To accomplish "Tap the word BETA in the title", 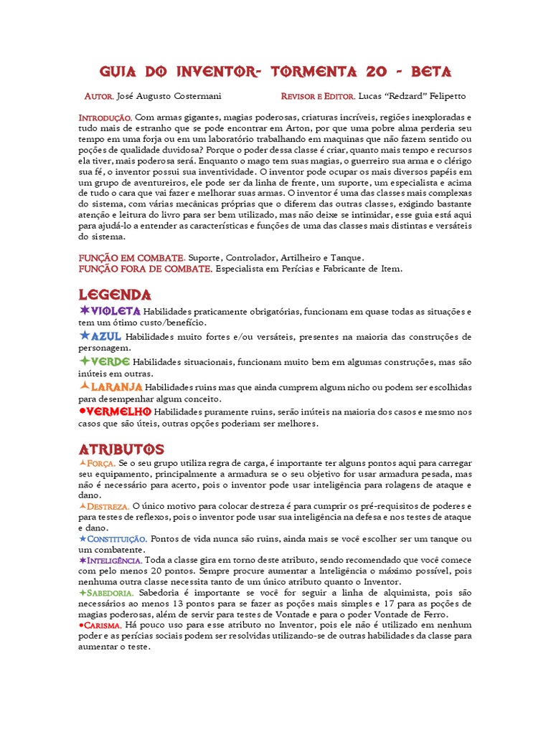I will click(x=429, y=72).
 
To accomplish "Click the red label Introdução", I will click(x=104, y=117).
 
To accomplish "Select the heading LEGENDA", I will click(x=114, y=295).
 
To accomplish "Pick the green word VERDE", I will click(x=110, y=361).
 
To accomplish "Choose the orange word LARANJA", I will click(x=117, y=386).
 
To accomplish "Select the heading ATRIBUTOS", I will click(x=121, y=449).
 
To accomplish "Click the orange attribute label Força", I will click(x=101, y=464).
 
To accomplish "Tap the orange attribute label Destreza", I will click(x=108, y=506).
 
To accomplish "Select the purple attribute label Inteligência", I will click(x=115, y=559).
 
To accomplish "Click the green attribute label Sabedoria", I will click(x=110, y=594).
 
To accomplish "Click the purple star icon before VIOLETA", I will click(x=84, y=310).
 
